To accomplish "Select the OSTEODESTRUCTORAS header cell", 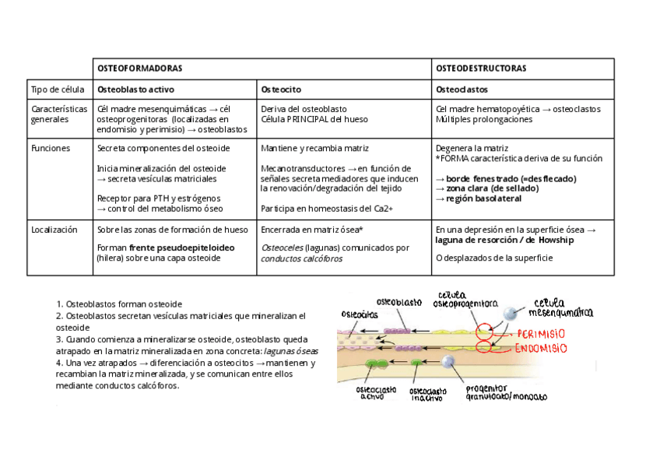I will (x=481, y=68).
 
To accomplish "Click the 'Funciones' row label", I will (x=51, y=148).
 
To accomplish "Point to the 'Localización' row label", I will (x=54, y=230).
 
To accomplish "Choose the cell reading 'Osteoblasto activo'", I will (x=135, y=89).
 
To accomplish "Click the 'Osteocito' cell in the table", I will (x=281, y=89).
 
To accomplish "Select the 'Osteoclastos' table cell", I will (x=462, y=89).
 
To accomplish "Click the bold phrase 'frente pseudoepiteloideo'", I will (x=182, y=248).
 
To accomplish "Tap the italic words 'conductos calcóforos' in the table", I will (x=301, y=258).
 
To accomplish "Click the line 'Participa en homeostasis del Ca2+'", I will (x=328, y=209).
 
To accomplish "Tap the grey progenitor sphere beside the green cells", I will (x=448, y=362).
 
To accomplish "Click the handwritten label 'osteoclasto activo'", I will (x=376, y=392).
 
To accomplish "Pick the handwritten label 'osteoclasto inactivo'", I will (x=427, y=393).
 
